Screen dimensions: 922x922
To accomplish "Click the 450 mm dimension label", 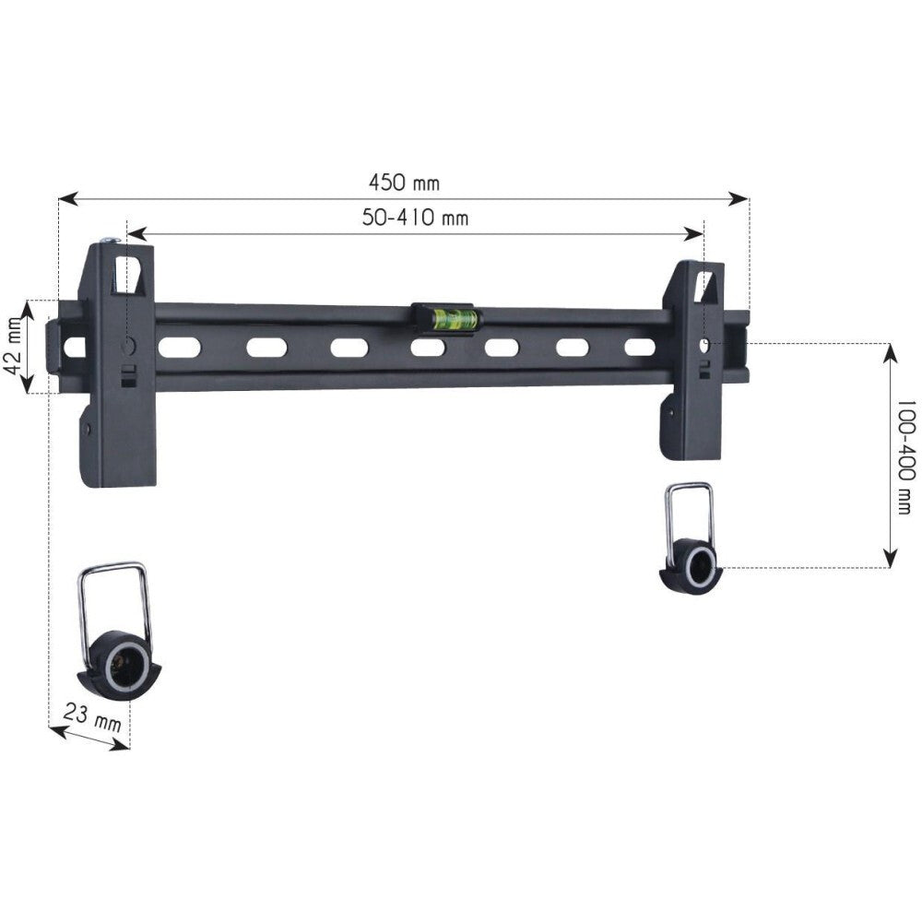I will tap(404, 183).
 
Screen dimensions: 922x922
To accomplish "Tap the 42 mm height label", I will tap(12, 345).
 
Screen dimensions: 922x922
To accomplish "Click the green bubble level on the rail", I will tap(444, 319).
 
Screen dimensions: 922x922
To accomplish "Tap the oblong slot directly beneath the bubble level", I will tap(428, 349).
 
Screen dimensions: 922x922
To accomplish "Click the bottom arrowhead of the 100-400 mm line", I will tap(890, 557).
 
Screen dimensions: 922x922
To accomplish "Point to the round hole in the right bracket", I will tap(704, 345).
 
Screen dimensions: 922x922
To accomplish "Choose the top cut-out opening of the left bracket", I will tap(129, 274).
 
